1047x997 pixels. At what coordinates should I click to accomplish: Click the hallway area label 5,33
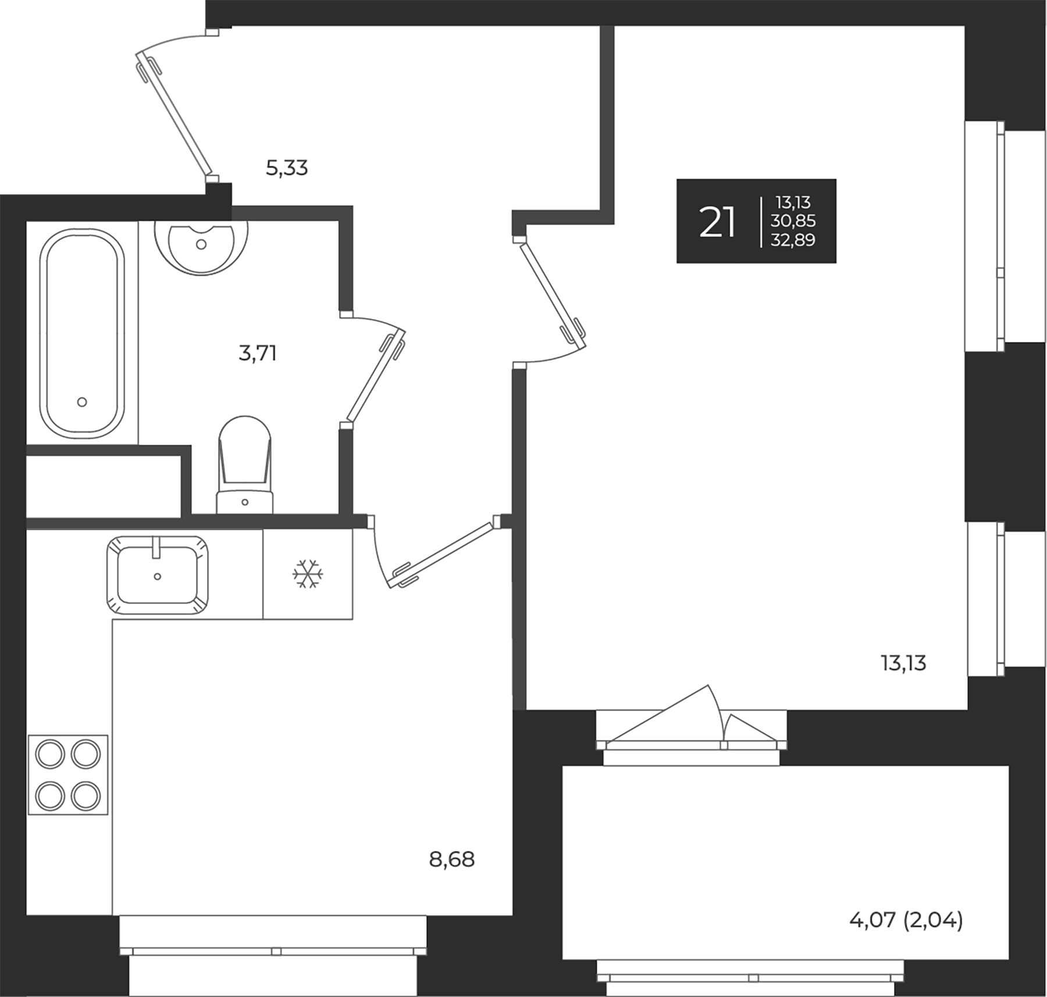286,169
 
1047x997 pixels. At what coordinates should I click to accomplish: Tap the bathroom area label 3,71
257,353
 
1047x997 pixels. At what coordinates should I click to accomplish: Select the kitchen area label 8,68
451,859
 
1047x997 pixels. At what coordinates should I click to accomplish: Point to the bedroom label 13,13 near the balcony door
903,664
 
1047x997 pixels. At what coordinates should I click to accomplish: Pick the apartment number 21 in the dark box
717,222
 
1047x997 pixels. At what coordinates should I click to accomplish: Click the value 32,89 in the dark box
793,240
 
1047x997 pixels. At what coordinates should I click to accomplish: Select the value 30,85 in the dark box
793,221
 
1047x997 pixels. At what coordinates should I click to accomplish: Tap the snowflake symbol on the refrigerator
308,574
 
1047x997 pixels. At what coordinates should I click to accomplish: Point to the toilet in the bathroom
245,466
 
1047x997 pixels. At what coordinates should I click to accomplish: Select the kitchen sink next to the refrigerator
158,575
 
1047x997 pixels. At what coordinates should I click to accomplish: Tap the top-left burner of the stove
49,755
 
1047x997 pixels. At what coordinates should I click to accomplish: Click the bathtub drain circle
82,402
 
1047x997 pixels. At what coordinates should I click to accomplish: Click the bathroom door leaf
376,375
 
